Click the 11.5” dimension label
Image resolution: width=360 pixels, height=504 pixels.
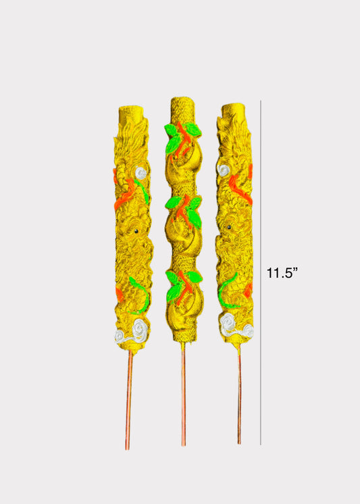click(x=282, y=273)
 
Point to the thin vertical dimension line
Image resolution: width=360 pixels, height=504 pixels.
click(x=260, y=272)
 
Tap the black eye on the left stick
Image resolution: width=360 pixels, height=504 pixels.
click(x=136, y=231)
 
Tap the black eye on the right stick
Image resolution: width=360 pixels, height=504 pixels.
click(x=229, y=227)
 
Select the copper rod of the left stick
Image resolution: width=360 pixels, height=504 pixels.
click(x=128, y=400)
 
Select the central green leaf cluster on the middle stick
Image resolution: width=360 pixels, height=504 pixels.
click(x=184, y=211)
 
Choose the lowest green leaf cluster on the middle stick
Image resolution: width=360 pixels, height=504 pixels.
click(x=184, y=285)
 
